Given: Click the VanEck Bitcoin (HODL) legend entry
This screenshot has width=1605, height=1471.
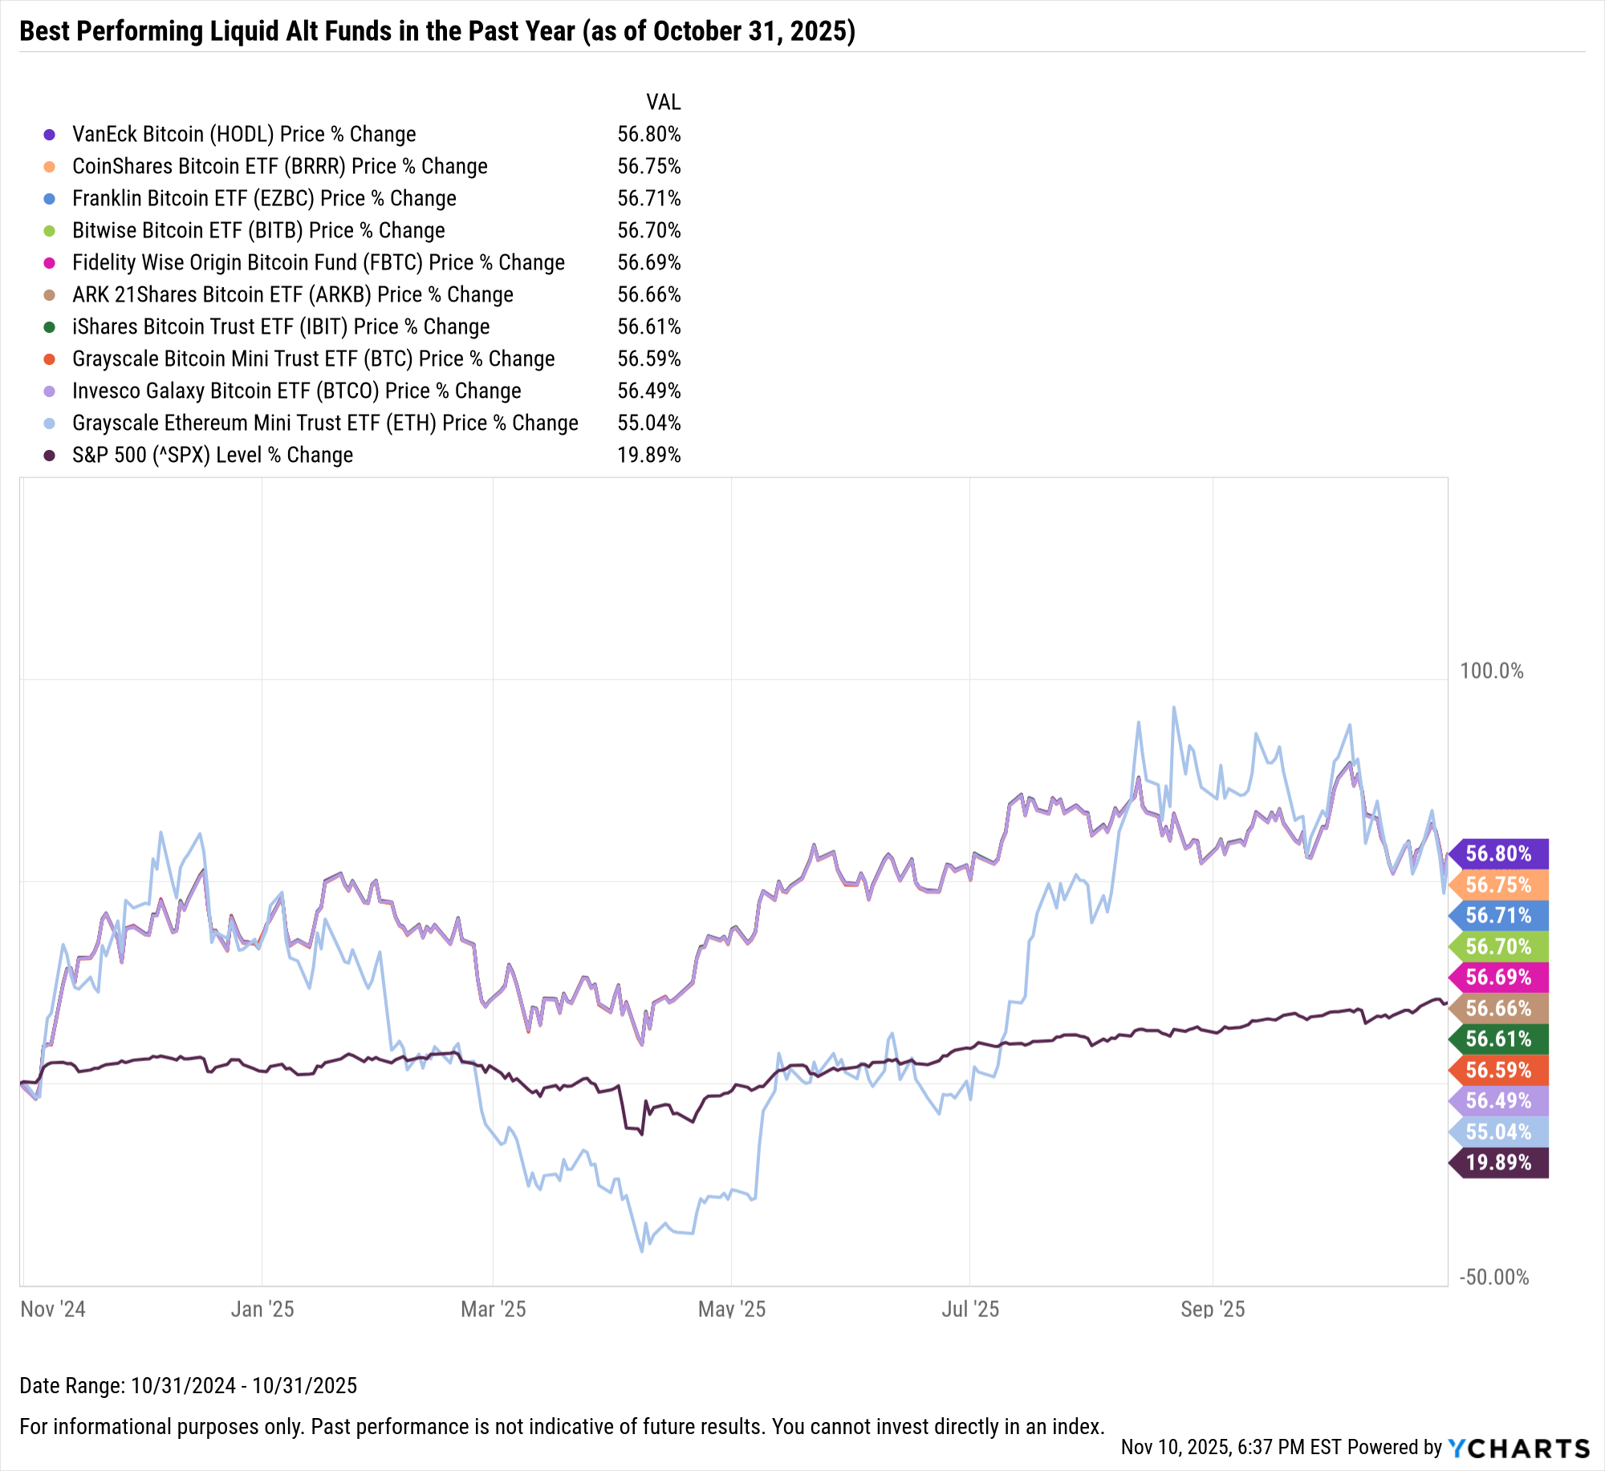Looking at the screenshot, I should pyautogui.click(x=244, y=134).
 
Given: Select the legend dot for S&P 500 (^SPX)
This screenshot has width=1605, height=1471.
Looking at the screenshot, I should pyautogui.click(x=50, y=456).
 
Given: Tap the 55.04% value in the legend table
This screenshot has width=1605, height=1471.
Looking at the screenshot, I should pyautogui.click(x=648, y=423).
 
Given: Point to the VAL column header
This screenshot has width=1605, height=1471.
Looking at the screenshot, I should pyautogui.click(x=663, y=102).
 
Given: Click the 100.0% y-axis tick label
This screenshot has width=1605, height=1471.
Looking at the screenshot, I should pyautogui.click(x=1491, y=671).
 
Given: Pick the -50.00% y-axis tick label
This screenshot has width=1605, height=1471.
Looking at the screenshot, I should pyautogui.click(x=1493, y=1277).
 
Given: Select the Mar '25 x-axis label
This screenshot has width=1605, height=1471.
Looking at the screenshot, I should pyautogui.click(x=493, y=1310).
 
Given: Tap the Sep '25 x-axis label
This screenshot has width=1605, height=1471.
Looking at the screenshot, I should pyautogui.click(x=1212, y=1310).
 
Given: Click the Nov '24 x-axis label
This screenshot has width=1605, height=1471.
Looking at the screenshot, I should pyautogui.click(x=53, y=1310).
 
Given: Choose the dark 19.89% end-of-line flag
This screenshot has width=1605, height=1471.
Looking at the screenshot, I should pyautogui.click(x=1498, y=1162).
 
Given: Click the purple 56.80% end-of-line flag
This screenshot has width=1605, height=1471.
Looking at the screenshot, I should pyautogui.click(x=1498, y=853).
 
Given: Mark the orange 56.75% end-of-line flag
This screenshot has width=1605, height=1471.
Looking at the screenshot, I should pyautogui.click(x=1498, y=885).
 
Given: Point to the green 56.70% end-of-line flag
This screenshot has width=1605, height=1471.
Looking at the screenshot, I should pyautogui.click(x=1498, y=946).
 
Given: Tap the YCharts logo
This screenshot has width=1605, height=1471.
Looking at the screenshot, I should pyautogui.click(x=1518, y=1448).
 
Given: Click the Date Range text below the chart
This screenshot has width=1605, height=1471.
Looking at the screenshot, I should pyautogui.click(x=188, y=1385).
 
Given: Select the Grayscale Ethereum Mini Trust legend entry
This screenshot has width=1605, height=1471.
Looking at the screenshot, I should pyautogui.click(x=324, y=423).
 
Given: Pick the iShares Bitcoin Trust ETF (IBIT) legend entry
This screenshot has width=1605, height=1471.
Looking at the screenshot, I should pyautogui.click(x=280, y=326).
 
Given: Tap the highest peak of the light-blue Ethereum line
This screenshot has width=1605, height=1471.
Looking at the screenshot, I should pyautogui.click(x=1173, y=707).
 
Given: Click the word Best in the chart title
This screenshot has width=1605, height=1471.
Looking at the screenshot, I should pyautogui.click(x=44, y=31).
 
